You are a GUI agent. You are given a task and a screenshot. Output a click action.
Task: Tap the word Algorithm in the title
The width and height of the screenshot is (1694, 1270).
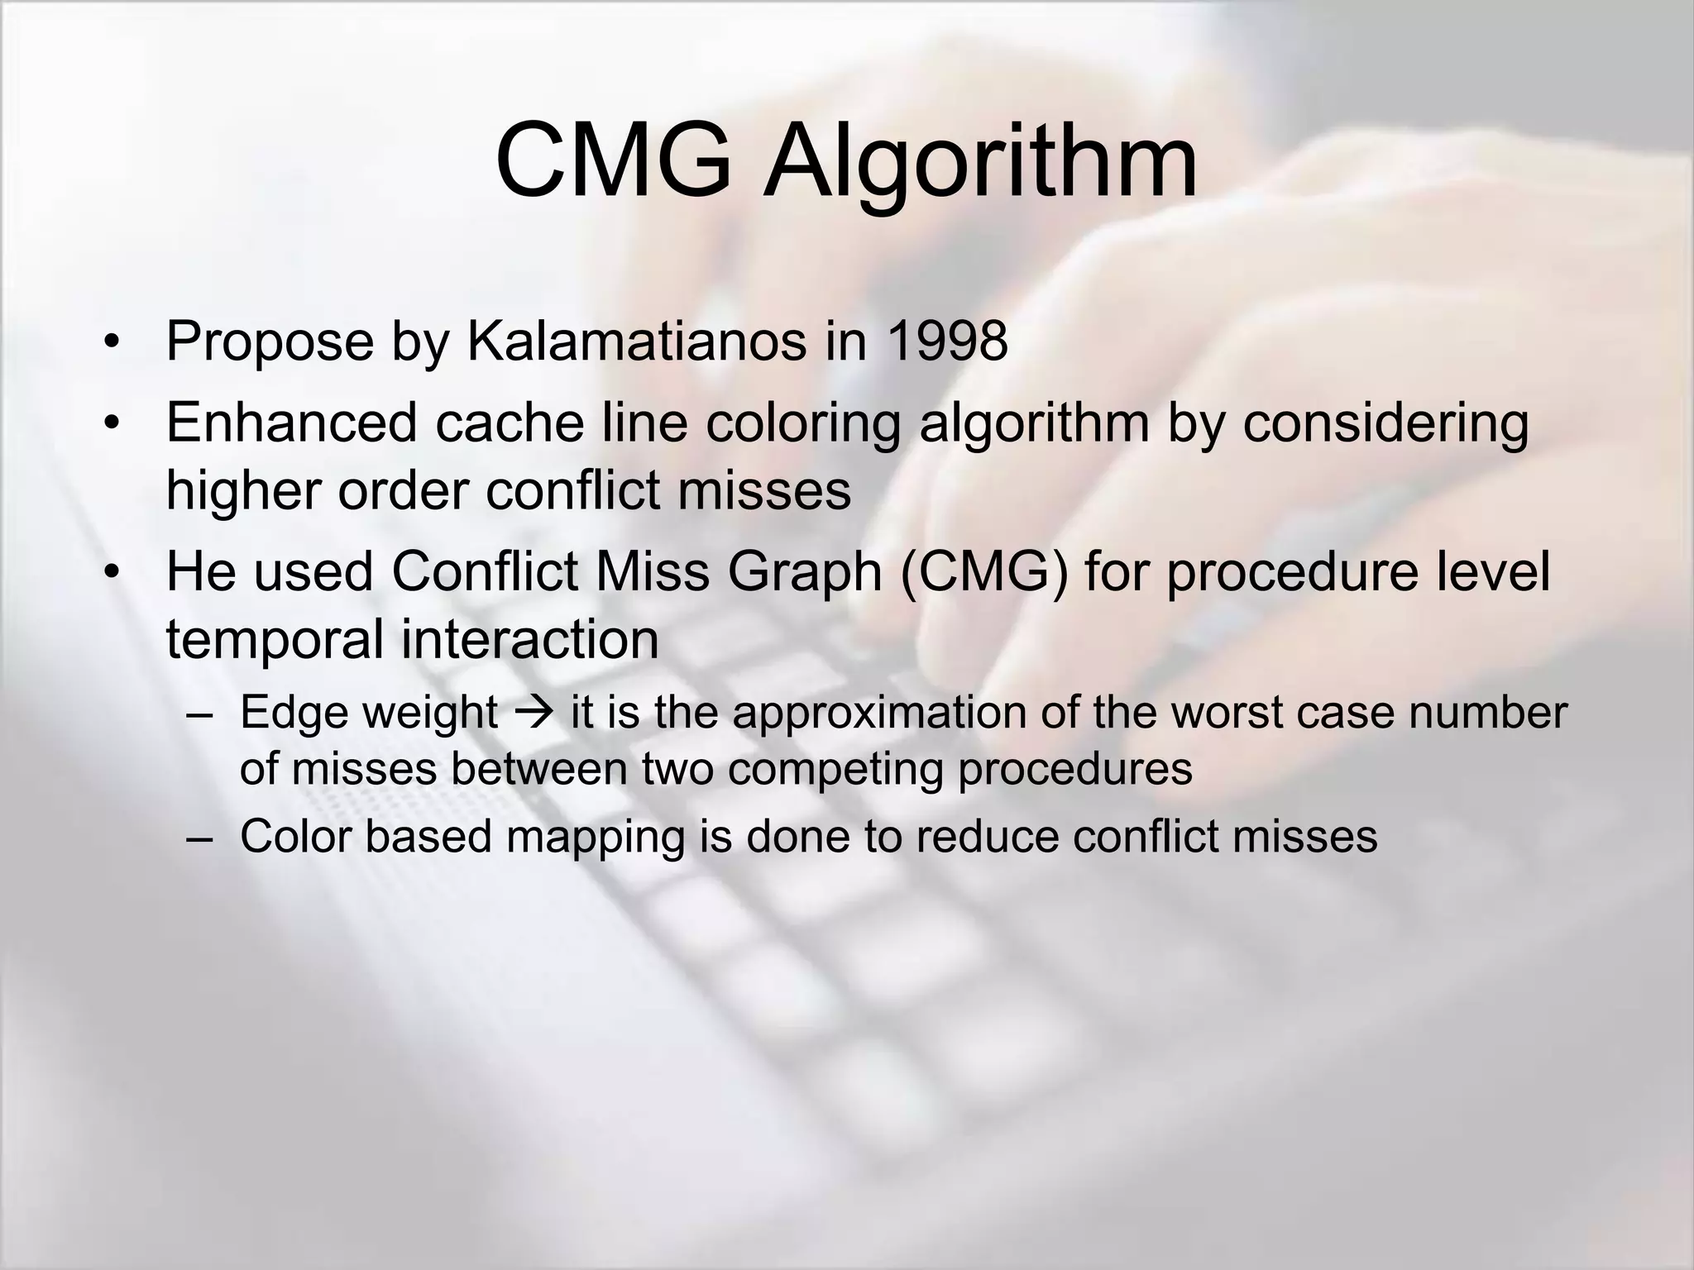pos(979,162)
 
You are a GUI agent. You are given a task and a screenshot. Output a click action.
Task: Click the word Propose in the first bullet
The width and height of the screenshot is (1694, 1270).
pos(270,341)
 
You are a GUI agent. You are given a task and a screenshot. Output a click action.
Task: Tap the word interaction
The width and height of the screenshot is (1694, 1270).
pos(530,639)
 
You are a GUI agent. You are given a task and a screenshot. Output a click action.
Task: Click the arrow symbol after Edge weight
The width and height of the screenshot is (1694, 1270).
pos(534,712)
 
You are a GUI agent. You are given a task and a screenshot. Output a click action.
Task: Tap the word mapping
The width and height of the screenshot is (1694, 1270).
pos(596,837)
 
